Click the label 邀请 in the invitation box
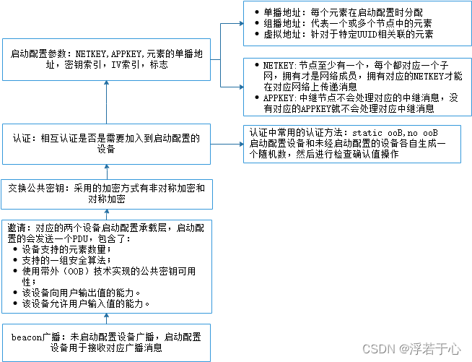pos(14,226)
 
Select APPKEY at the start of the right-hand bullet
pos(274,98)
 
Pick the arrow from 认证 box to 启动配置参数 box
pos(106,102)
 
